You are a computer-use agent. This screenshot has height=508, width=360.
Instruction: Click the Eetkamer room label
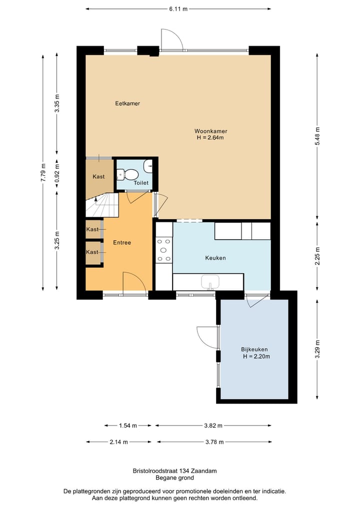click(x=127, y=103)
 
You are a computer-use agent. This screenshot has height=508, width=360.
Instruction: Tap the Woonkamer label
click(x=211, y=131)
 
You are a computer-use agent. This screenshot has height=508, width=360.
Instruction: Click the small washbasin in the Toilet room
click(x=148, y=166)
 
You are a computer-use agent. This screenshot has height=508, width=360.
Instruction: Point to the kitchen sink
click(x=210, y=282)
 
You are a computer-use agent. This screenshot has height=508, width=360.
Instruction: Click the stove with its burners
click(x=164, y=250)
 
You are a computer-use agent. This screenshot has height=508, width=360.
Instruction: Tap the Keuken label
click(x=215, y=258)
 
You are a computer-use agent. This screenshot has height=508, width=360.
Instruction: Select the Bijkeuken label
click(x=254, y=349)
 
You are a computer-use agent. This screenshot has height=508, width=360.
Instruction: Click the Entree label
click(x=122, y=242)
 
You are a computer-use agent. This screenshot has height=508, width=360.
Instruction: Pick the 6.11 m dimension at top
click(x=178, y=9)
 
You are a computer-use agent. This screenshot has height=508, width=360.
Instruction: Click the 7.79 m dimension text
click(x=43, y=173)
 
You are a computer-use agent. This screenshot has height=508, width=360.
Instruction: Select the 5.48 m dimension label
click(x=317, y=136)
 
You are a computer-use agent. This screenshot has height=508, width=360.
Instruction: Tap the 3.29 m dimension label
click(x=317, y=349)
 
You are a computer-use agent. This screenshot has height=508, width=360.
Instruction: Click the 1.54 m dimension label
click(x=128, y=426)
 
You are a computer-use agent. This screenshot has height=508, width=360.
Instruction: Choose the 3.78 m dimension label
click(x=214, y=442)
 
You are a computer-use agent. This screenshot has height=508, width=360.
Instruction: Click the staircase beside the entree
click(x=101, y=205)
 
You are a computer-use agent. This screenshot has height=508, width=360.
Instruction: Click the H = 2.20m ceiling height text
click(x=256, y=356)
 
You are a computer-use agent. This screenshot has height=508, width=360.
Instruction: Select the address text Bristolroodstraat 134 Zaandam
click(x=175, y=471)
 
